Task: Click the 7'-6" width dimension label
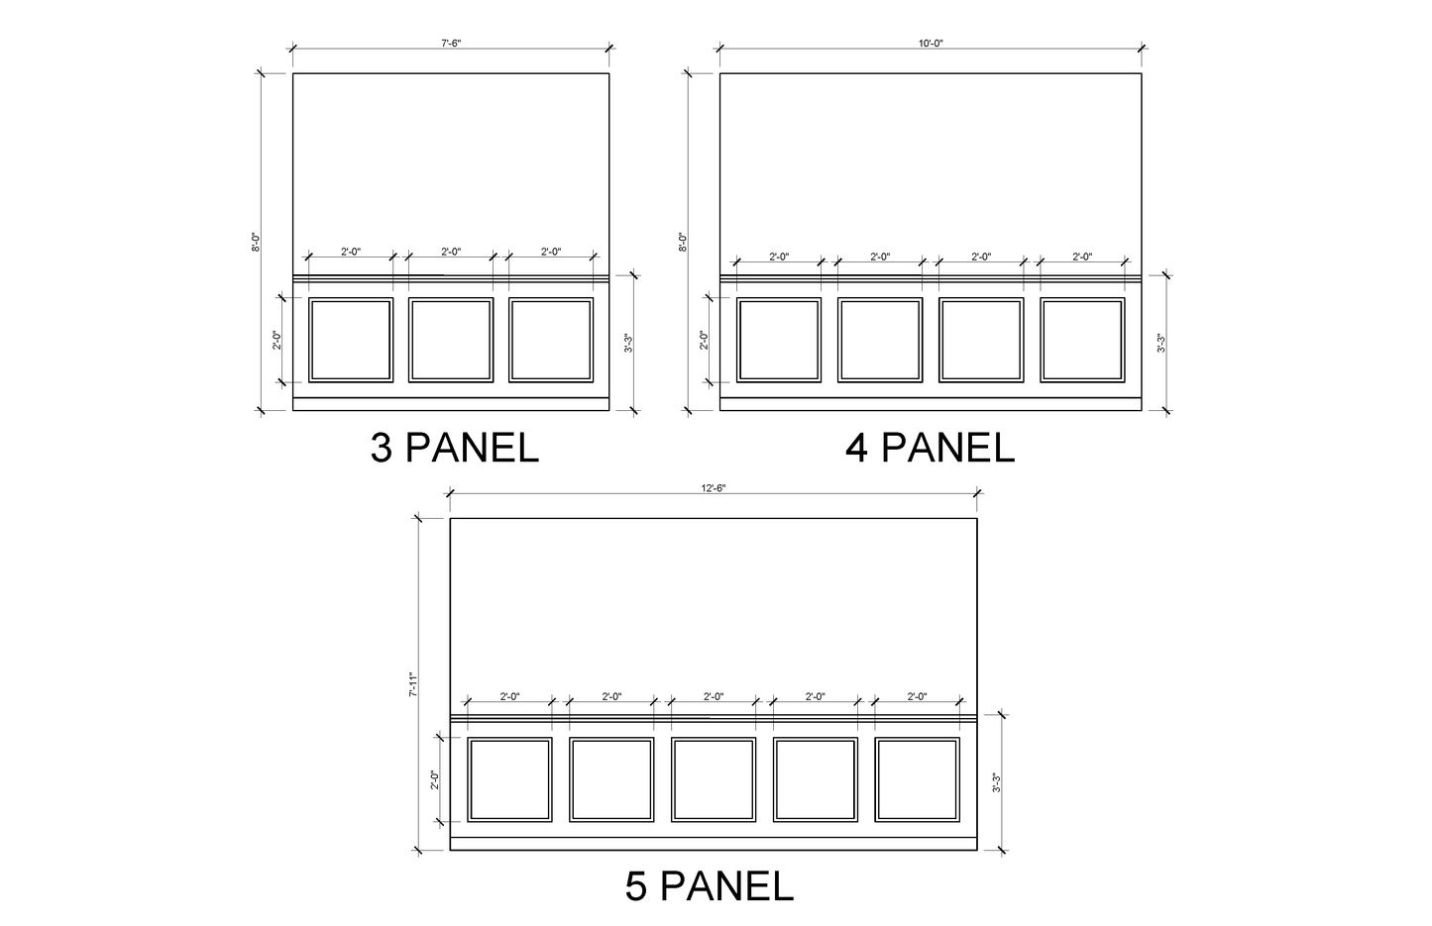tap(451, 43)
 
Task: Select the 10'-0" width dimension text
tap(931, 43)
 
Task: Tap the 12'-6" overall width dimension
tap(714, 487)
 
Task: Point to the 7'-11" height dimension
tap(413, 683)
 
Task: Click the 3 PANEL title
tap(455, 448)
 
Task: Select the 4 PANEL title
tap(931, 448)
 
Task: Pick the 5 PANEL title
tap(709, 886)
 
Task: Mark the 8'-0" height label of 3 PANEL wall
tap(255, 242)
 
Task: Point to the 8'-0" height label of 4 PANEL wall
tap(682, 242)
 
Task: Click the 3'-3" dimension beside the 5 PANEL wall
tap(996, 782)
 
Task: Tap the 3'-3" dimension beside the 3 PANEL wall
tap(628, 343)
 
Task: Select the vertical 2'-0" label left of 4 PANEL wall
tap(704, 340)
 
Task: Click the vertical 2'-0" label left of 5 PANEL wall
tap(435, 779)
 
